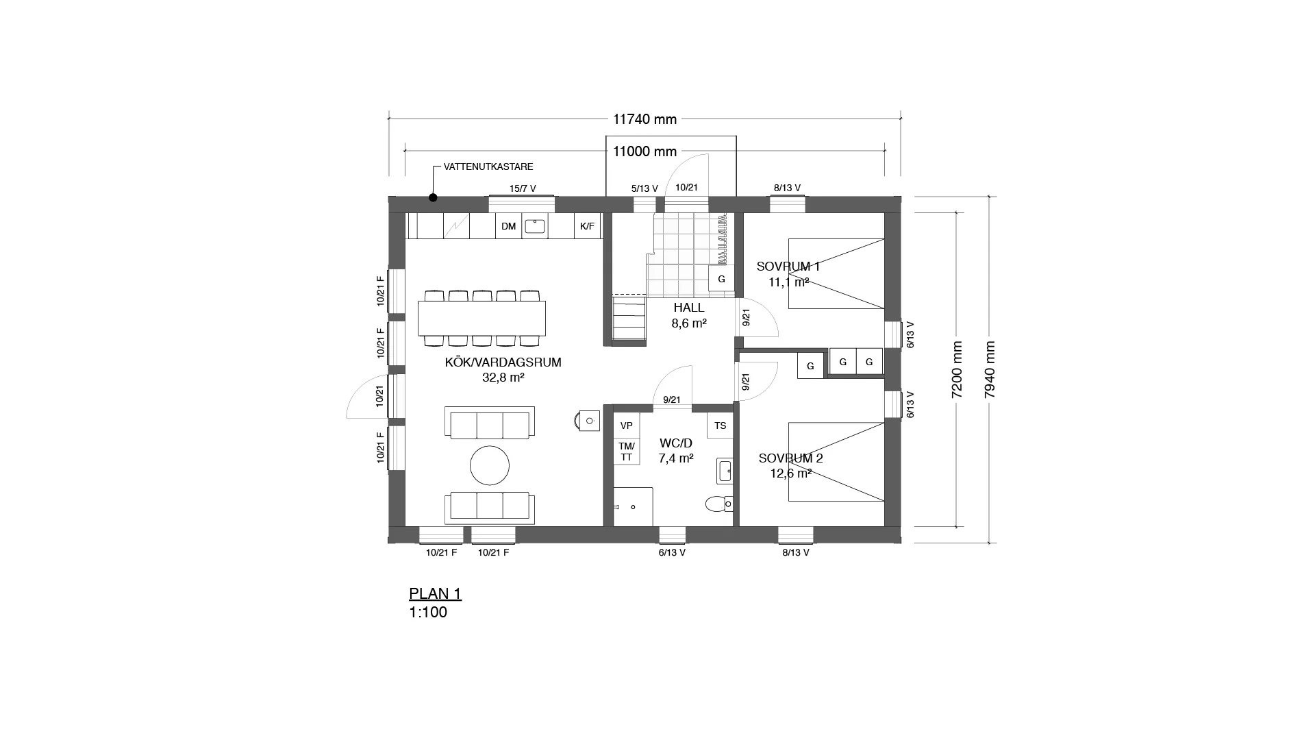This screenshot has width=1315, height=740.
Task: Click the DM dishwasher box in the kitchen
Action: [508, 226]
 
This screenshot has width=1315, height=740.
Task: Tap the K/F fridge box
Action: [588, 226]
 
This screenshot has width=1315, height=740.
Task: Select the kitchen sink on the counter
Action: [535, 225]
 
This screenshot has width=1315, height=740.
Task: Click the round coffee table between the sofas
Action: [490, 466]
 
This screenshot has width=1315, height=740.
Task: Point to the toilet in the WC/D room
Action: [719, 504]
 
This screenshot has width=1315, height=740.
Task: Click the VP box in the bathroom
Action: [626, 425]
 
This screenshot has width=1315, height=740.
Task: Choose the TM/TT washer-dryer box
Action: [626, 452]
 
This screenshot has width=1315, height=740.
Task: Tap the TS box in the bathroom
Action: [720, 425]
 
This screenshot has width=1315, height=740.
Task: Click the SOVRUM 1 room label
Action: [788, 267]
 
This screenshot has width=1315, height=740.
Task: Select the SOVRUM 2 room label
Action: [790, 458]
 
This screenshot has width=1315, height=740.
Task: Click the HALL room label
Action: [688, 308]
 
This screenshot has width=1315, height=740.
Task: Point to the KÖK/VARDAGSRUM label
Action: [503, 362]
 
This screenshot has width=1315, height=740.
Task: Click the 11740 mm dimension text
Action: [644, 119]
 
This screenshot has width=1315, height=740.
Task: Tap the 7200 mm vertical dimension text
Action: [957, 369]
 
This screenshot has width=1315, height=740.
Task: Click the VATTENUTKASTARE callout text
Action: [488, 166]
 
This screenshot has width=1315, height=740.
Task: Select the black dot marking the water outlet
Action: [433, 198]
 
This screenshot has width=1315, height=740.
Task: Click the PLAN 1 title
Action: [435, 593]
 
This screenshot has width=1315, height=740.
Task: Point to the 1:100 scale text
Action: [428, 613]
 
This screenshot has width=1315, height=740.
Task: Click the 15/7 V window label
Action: [523, 188]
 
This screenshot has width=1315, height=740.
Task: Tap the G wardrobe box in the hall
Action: [721, 279]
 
